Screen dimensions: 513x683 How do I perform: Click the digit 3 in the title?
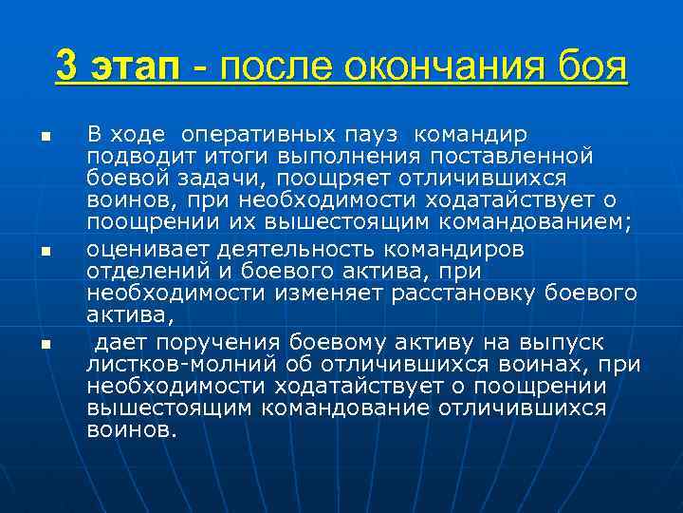click(66, 67)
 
